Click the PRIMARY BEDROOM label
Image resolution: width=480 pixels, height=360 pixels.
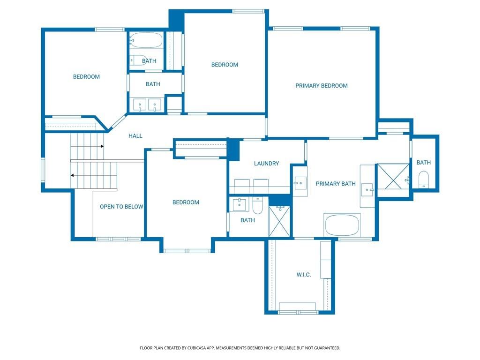click(x=322, y=86)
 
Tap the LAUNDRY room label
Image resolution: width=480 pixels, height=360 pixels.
click(x=266, y=164)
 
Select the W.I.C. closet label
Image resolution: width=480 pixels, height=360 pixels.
click(x=304, y=275)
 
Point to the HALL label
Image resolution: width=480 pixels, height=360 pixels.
click(x=135, y=136)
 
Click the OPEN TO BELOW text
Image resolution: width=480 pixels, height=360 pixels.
click(x=121, y=207)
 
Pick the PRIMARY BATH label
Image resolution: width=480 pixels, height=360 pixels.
click(x=336, y=184)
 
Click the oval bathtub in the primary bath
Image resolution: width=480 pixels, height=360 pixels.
click(x=342, y=225)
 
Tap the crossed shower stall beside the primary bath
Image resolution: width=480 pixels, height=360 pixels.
click(x=393, y=180)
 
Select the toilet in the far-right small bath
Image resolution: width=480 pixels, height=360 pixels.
click(x=423, y=180)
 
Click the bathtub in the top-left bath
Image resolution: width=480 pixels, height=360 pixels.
click(x=146, y=40)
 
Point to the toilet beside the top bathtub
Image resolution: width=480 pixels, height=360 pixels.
click(x=137, y=60)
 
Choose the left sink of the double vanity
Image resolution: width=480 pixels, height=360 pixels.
click(x=140, y=105)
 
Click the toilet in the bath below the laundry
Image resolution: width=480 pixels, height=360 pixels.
click(x=257, y=205)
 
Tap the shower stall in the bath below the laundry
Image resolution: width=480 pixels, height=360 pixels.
click(x=279, y=221)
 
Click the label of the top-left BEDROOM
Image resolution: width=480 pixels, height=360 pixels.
click(x=86, y=77)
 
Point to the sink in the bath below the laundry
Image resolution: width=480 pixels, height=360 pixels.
click(x=239, y=204)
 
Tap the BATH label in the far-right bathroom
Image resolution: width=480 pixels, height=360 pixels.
click(x=424, y=163)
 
